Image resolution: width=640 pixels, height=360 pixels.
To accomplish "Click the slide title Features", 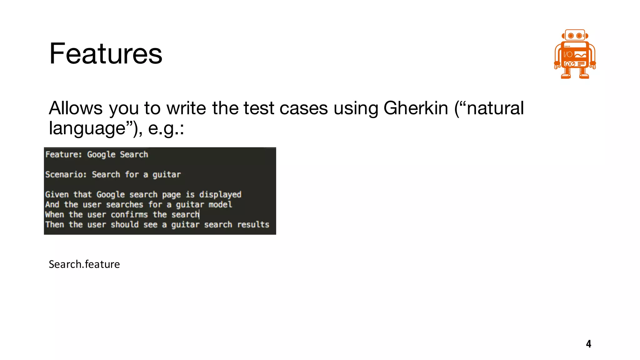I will pyautogui.click(x=106, y=54).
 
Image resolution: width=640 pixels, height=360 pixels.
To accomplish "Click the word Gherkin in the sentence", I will pyautogui.click(x=416, y=108).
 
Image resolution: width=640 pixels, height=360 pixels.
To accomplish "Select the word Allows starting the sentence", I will pyautogui.click(x=76, y=108).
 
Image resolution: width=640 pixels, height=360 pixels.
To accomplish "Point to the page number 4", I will pyautogui.click(x=588, y=344).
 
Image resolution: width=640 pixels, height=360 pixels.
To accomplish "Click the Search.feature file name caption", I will pyautogui.click(x=84, y=264).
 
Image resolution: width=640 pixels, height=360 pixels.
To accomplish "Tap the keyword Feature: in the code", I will pyautogui.click(x=63, y=154).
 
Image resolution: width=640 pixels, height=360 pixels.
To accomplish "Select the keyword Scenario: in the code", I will pyautogui.click(x=66, y=174).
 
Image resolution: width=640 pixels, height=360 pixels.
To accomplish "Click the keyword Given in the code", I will pyautogui.click(x=57, y=194).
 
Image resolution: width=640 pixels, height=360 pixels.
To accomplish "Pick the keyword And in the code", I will pyautogui.click(x=52, y=204).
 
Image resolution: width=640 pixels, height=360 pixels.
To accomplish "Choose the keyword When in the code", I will pyautogui.click(x=54, y=214).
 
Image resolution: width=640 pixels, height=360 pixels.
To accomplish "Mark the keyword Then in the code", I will pyautogui.click(x=54, y=224).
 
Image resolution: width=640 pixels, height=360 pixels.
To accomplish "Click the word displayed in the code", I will pyautogui.click(x=220, y=195).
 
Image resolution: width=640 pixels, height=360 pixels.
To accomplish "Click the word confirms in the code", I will pyautogui.click(x=129, y=214).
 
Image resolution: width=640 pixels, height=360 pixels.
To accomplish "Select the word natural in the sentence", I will pyautogui.click(x=495, y=108).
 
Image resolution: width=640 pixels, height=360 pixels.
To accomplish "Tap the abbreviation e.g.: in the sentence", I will pyautogui.click(x=166, y=128).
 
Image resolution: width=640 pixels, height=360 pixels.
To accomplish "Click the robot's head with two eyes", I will pyautogui.click(x=575, y=35).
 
